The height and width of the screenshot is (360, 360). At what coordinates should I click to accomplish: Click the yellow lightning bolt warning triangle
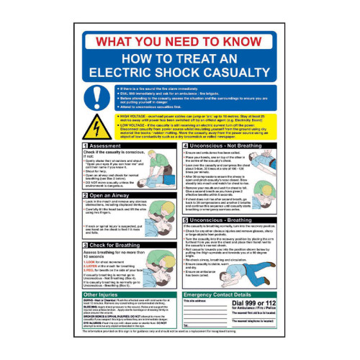tap(96, 127)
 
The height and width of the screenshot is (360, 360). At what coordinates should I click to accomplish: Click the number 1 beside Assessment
tap(86, 145)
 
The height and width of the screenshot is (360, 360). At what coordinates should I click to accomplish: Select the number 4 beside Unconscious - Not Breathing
tap(183, 145)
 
